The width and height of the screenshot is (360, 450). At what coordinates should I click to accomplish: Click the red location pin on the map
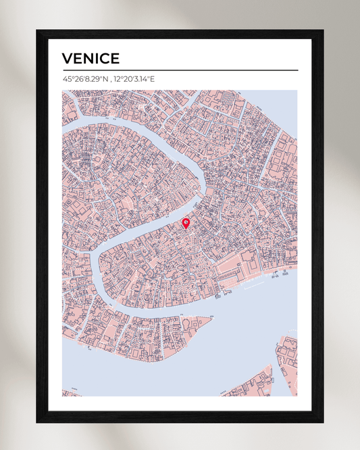point(186,223)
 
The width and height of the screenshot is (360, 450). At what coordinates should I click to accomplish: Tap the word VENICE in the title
point(91,59)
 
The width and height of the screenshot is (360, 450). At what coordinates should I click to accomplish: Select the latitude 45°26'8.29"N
point(84,79)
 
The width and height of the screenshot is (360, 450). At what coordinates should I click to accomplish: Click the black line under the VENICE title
point(180,70)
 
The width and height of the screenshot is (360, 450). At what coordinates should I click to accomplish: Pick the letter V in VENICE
point(67,59)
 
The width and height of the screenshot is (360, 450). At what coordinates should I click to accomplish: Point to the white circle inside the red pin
point(186,221)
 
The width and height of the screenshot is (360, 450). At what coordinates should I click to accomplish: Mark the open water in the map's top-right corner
point(284,101)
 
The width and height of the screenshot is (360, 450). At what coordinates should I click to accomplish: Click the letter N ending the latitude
point(105,79)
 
